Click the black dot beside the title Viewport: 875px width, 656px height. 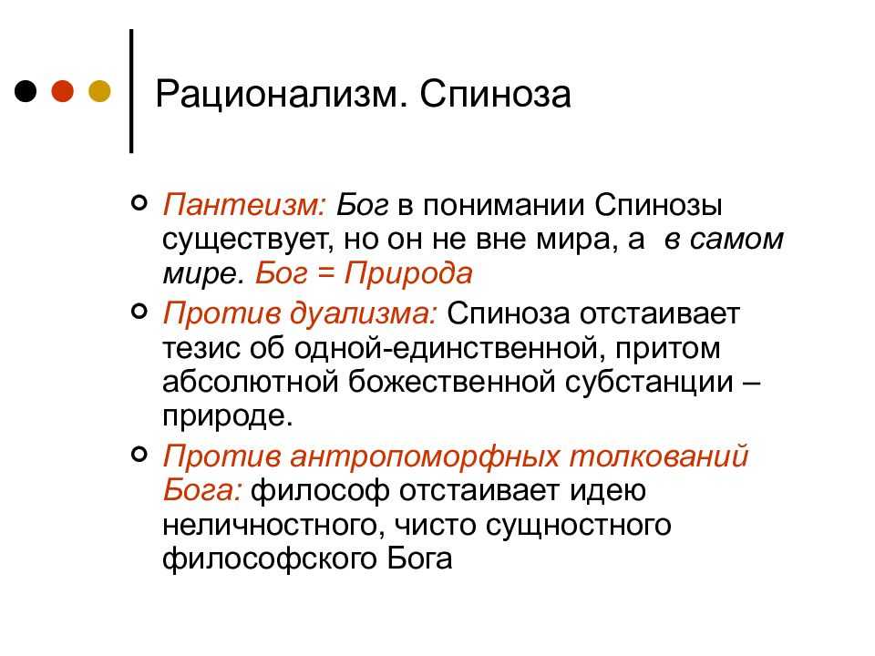(x=26, y=91)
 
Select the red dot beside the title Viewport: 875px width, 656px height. (x=63, y=91)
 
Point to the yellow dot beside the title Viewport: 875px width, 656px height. (x=100, y=91)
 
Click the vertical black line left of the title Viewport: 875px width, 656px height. (x=131, y=91)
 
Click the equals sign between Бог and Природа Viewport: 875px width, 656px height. (x=325, y=274)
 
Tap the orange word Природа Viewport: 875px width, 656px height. (x=408, y=274)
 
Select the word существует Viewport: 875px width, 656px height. (x=245, y=241)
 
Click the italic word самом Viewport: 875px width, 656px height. (x=736, y=240)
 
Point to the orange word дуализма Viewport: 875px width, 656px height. (x=364, y=313)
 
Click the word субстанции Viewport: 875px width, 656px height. (x=649, y=383)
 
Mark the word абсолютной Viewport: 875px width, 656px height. (x=251, y=382)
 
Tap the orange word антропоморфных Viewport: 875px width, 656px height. (x=425, y=456)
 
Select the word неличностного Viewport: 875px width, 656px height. (x=273, y=526)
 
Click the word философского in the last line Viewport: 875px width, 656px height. (x=270, y=559)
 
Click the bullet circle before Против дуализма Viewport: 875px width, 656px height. (x=139, y=310)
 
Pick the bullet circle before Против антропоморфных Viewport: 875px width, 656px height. (x=139, y=454)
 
